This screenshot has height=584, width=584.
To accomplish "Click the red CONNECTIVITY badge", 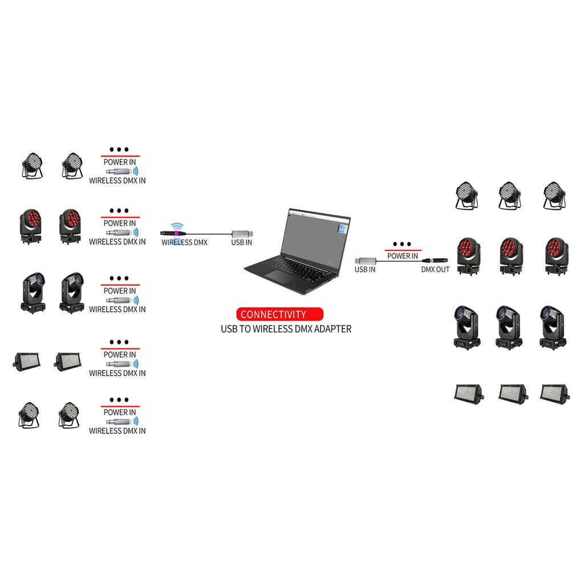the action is click(x=279, y=314).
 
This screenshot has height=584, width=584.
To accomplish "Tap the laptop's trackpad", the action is click(x=280, y=275).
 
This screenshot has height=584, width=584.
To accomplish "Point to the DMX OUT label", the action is click(x=435, y=269).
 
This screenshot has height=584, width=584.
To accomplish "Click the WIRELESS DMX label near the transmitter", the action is click(x=184, y=242).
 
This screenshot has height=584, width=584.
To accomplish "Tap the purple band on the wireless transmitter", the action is click(x=176, y=233).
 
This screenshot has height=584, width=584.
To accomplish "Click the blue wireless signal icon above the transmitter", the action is click(x=177, y=226).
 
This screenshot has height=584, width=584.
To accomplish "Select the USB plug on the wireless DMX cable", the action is click(x=242, y=234).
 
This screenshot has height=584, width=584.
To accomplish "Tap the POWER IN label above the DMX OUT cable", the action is click(x=403, y=256).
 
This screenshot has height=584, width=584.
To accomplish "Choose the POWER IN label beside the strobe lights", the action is click(x=120, y=355).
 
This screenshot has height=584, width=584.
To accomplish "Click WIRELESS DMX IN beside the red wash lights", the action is click(x=117, y=242).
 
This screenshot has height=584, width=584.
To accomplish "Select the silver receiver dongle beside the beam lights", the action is click(x=119, y=300).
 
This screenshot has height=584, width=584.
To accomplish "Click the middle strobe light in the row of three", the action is click(x=513, y=394).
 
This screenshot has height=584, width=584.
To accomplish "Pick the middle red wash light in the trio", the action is click(x=511, y=256).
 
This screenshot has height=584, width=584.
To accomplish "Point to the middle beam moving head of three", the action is click(x=509, y=327).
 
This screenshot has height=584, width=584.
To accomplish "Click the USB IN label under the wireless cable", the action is click(x=241, y=242).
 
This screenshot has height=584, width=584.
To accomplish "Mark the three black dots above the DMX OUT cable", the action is click(x=402, y=244).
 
